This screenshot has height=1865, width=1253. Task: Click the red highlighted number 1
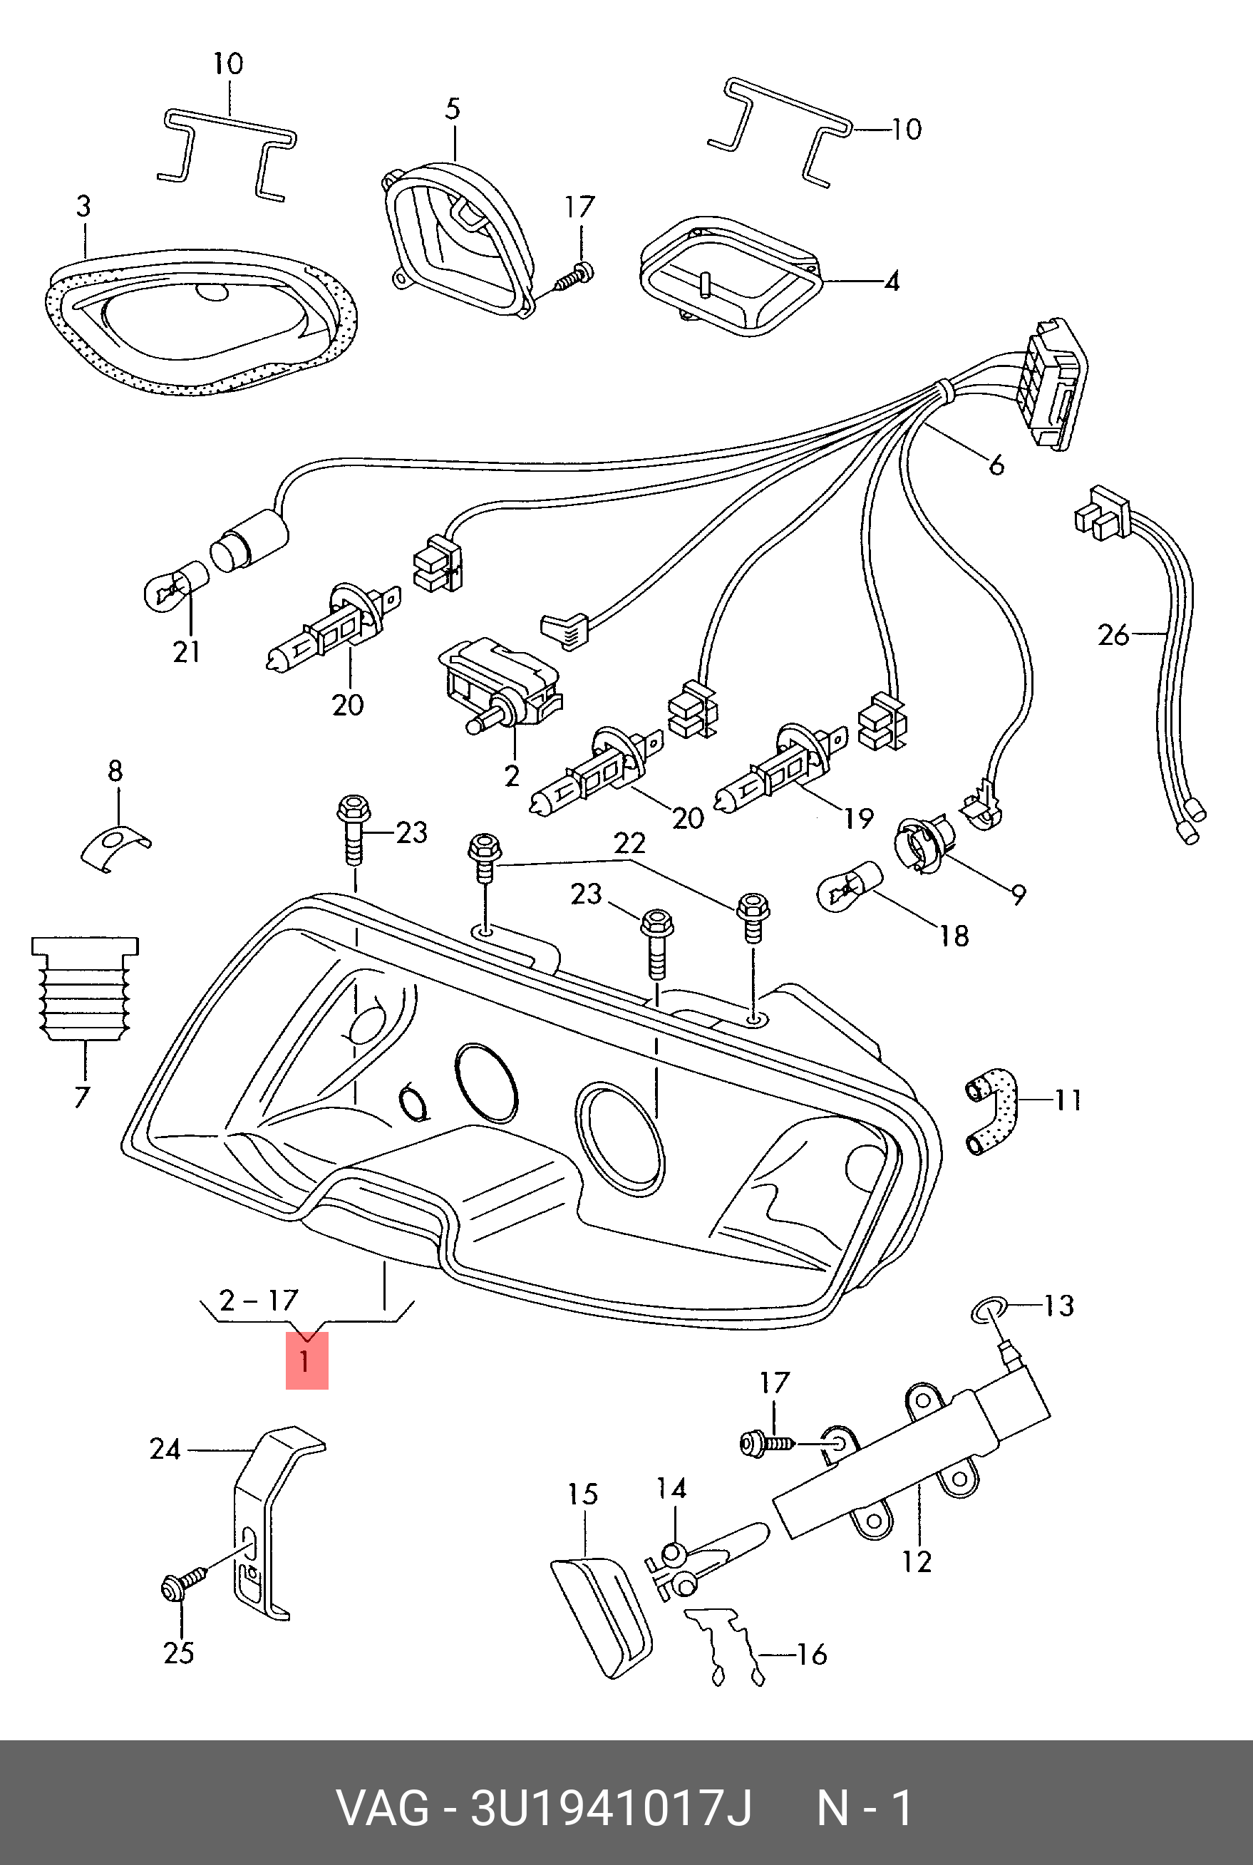click(306, 1360)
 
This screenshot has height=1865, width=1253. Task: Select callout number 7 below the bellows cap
click(81, 1096)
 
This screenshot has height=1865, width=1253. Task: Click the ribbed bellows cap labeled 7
click(85, 988)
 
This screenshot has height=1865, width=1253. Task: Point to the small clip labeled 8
click(114, 847)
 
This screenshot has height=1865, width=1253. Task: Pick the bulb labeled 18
click(849, 884)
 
